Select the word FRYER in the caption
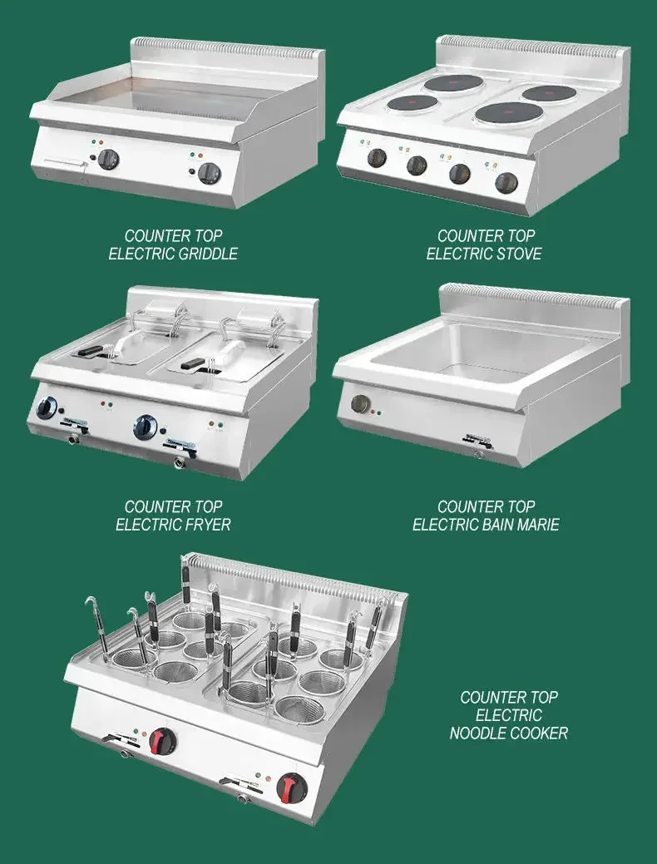pyautogui.click(x=204, y=525)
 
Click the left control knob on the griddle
pyautogui.click(x=109, y=160)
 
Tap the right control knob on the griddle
pyautogui.click(x=210, y=172)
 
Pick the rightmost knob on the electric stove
pyautogui.click(x=506, y=182)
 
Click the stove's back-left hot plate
pyautogui.click(x=454, y=84)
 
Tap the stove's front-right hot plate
pyautogui.click(x=508, y=113)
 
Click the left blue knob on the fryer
pyautogui.click(x=47, y=407)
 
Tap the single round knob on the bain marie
pyautogui.click(x=360, y=404)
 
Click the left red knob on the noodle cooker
pyautogui.click(x=164, y=740)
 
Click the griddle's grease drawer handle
pyautogui.click(x=65, y=162)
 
